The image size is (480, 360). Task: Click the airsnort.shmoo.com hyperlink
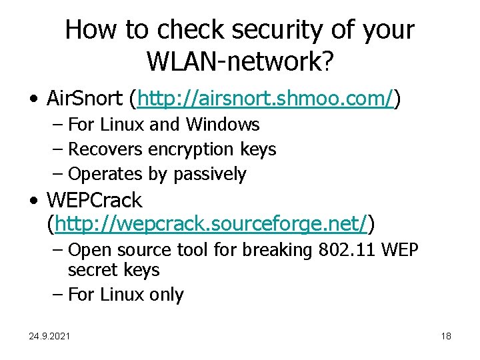pos(265,100)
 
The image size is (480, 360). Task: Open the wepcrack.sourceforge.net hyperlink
pos(211,225)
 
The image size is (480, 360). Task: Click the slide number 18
pos(446,336)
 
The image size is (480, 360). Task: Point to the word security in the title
pos(274,30)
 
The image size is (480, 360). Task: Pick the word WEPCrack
pos(94,200)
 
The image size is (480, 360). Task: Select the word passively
pos(209,174)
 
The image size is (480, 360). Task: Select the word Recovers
pos(105,149)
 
